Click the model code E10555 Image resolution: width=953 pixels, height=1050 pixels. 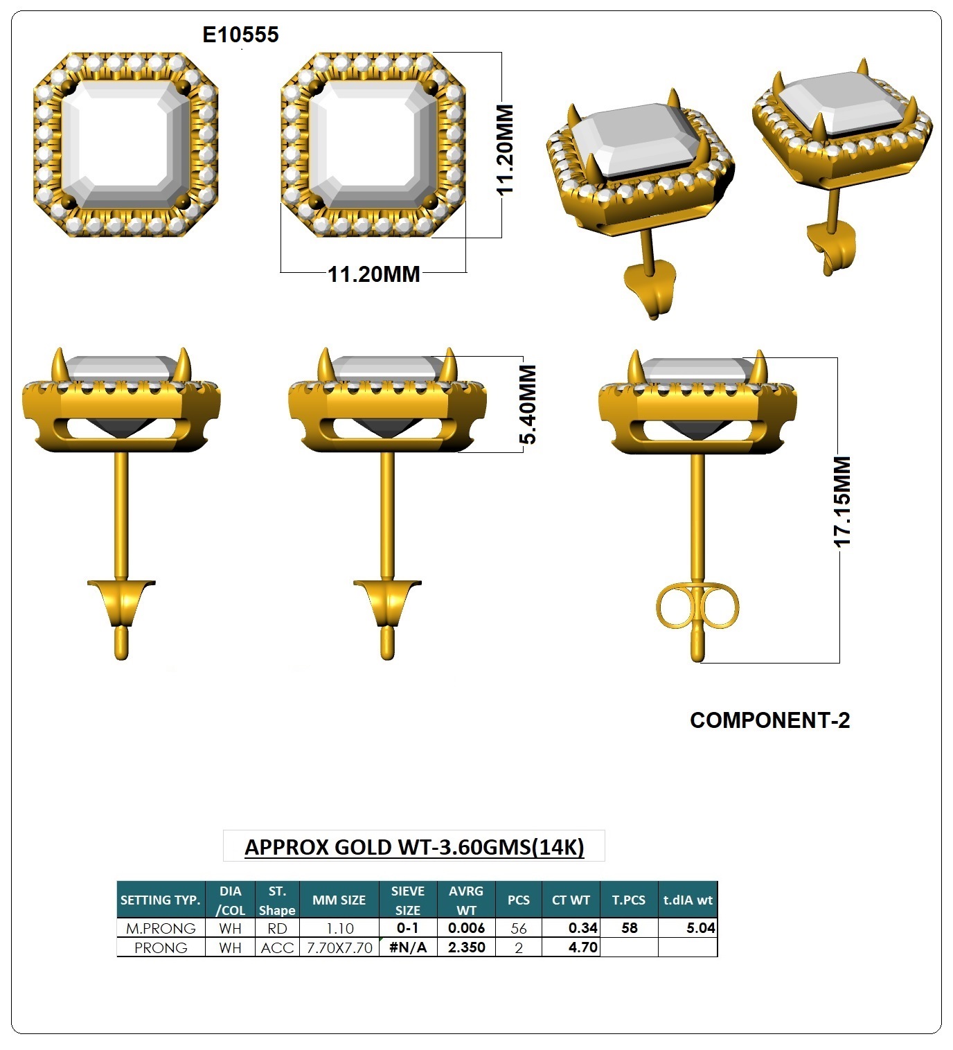[x=240, y=35]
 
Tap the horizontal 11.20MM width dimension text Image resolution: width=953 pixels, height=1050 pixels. [x=374, y=274]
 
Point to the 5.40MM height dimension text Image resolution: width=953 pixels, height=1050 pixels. [x=528, y=404]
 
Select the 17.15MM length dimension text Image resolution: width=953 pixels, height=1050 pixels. [x=842, y=502]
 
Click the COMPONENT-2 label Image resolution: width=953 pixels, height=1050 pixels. [x=769, y=720]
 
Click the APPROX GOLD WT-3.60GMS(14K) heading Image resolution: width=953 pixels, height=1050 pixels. [x=414, y=846]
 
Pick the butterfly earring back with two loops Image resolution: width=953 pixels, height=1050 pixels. [x=697, y=607]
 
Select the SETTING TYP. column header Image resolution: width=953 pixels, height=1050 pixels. [x=160, y=900]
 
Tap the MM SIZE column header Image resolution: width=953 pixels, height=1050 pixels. [x=339, y=900]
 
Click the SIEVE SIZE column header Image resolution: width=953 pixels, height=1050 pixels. [x=407, y=900]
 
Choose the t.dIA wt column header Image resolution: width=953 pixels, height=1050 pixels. [x=688, y=900]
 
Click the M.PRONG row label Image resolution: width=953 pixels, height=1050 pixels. [x=161, y=928]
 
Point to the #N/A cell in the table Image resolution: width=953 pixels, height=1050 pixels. [x=408, y=947]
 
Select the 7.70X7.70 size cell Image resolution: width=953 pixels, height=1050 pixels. [x=339, y=947]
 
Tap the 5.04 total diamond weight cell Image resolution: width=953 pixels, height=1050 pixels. [x=701, y=928]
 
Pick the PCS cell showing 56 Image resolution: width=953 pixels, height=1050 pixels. [x=518, y=928]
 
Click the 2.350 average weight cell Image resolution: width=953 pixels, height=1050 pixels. [x=467, y=947]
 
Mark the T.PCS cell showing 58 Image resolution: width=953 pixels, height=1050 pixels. [x=630, y=928]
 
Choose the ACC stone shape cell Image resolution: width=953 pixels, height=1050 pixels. [x=277, y=947]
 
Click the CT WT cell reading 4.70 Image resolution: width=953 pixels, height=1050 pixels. [x=582, y=947]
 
